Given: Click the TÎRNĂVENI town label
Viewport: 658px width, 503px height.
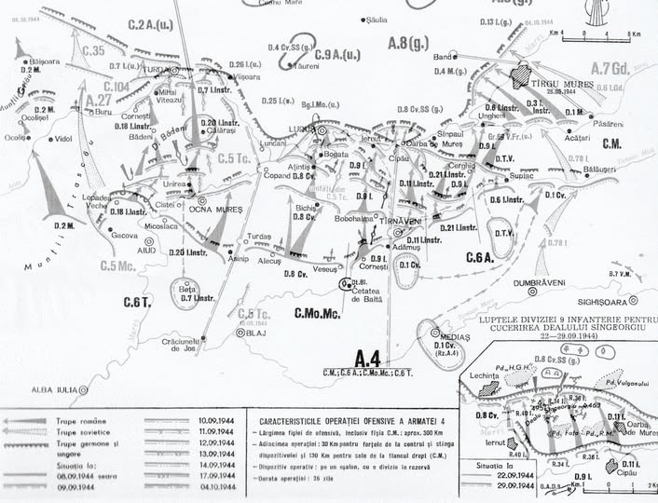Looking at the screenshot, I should click(402, 224).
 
